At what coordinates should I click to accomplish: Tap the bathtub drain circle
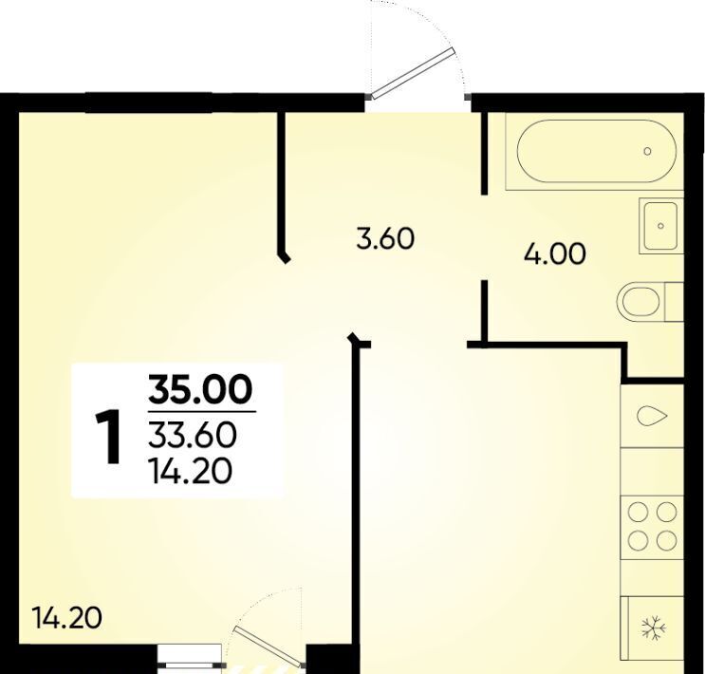tap(647, 151)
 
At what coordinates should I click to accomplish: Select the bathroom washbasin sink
tap(661, 225)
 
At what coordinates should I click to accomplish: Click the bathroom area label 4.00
tap(555, 253)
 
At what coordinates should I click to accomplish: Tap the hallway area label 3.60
tap(385, 238)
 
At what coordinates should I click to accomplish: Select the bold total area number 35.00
tap(200, 389)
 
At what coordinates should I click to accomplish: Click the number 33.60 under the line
tap(193, 436)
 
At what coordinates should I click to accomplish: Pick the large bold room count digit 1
tap(109, 436)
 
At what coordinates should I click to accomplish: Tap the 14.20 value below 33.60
tap(191, 471)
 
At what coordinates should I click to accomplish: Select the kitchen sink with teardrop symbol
tap(652, 416)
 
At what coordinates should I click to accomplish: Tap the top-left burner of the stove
tap(638, 512)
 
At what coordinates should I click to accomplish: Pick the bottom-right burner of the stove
tap(666, 540)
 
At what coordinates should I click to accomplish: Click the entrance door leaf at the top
tap(413, 73)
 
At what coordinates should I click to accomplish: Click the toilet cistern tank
tap(674, 302)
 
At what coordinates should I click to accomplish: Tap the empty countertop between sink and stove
tap(652, 472)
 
